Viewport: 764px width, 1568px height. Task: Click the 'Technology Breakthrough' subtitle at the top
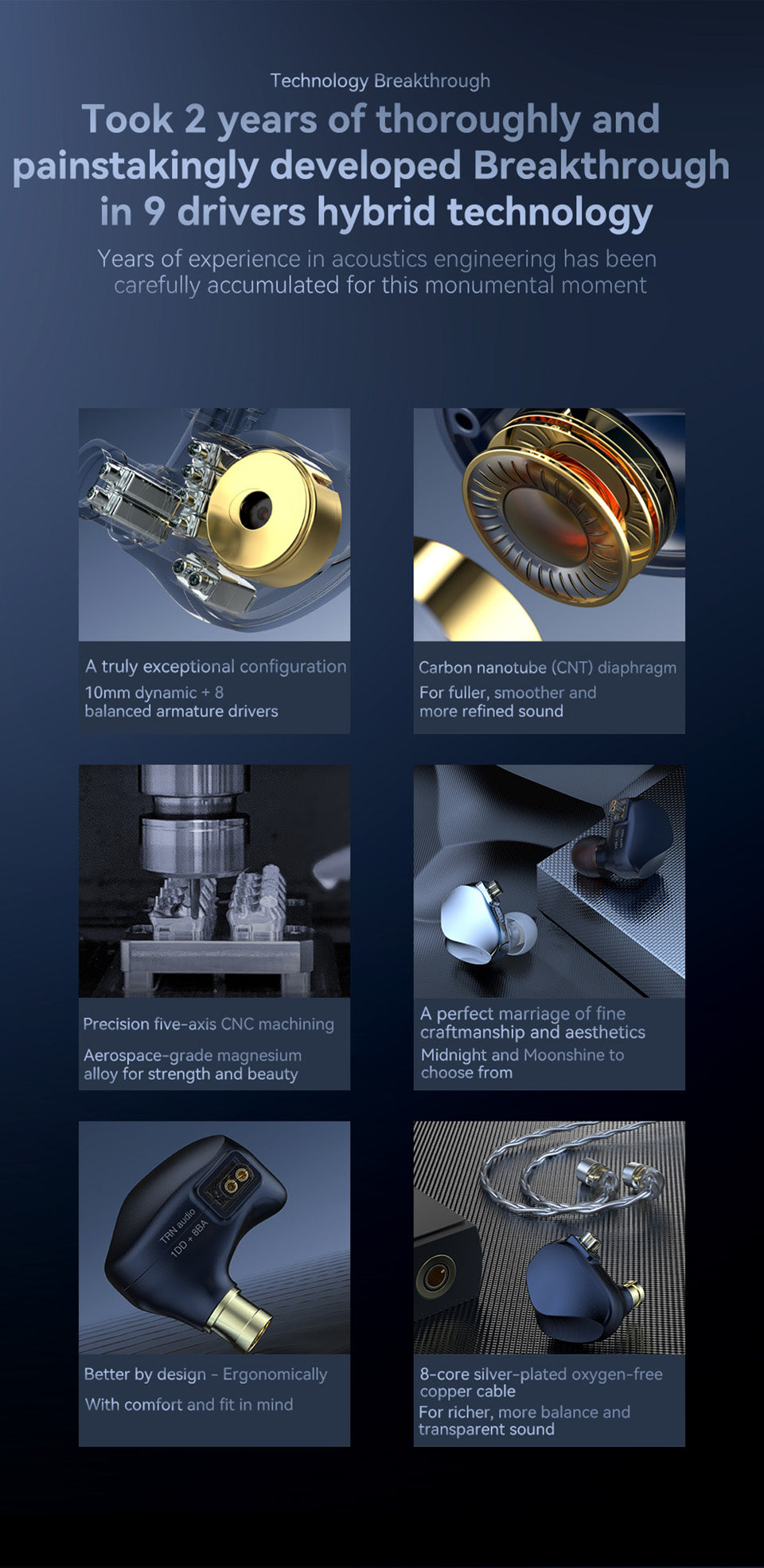[380, 80]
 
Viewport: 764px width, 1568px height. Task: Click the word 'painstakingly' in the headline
[135, 166]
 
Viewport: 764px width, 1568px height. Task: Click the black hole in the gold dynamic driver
[255, 509]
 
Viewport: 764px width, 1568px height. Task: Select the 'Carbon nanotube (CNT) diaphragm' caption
[548, 668]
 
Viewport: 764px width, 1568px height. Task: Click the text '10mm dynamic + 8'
[154, 692]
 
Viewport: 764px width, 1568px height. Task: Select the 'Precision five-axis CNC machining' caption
[209, 1024]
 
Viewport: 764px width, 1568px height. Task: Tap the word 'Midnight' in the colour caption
[454, 1055]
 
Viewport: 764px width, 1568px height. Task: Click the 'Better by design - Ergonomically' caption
[205, 1375]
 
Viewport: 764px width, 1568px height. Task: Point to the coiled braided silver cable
[557, 1170]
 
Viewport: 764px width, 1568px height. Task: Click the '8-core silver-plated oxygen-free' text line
[541, 1375]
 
